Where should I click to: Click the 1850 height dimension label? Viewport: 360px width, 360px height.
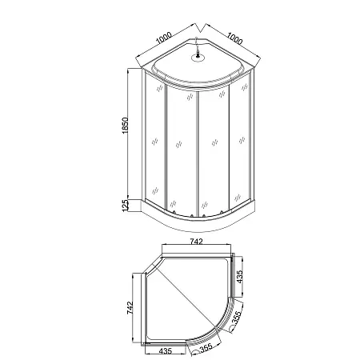click(x=126, y=126)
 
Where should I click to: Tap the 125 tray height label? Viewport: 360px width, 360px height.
click(x=126, y=206)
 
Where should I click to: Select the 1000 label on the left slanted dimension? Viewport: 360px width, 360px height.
click(x=163, y=38)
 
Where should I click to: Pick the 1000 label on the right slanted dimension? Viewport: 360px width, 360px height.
click(x=234, y=38)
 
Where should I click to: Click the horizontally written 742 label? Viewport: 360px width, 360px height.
click(x=196, y=242)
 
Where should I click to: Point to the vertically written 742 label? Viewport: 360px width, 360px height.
click(x=130, y=308)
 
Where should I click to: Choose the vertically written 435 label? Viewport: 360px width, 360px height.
click(x=240, y=277)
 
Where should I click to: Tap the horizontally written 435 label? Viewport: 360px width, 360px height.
click(x=166, y=351)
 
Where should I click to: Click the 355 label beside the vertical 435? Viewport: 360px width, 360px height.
click(x=237, y=316)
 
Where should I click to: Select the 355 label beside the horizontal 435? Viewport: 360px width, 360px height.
click(x=206, y=348)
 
